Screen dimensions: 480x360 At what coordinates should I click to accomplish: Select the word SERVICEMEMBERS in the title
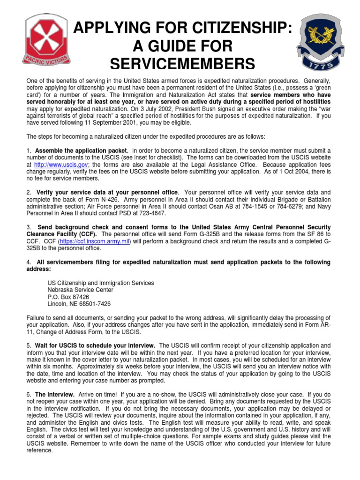pyautogui.click(x=183, y=64)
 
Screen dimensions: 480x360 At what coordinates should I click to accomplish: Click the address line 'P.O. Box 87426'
pyautogui.click(x=68, y=297)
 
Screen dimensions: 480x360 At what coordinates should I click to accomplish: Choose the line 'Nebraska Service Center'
pyautogui.click(x=80, y=290)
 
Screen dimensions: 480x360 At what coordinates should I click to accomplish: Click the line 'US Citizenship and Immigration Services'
pyautogui.click(x=101, y=283)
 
